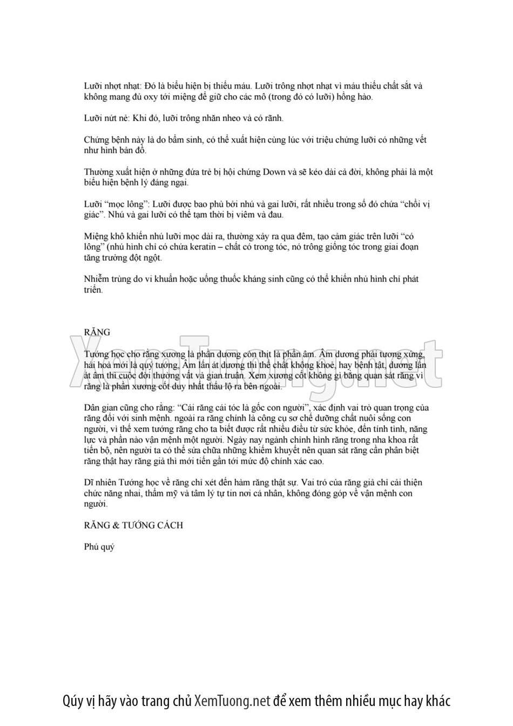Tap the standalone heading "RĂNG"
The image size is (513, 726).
coord(97,332)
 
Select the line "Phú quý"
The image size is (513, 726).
coord(99,547)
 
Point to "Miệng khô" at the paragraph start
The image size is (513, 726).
coord(103,236)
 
